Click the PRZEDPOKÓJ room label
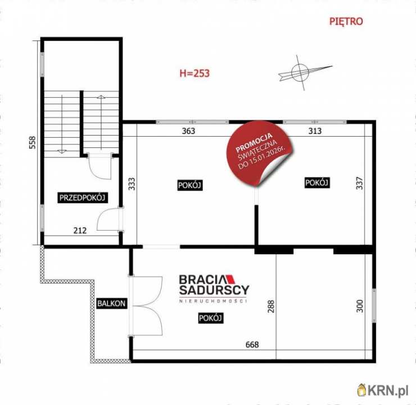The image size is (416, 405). tap(82, 198)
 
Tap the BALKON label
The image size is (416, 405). tap(111, 303)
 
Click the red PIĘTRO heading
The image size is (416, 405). tap(346, 21)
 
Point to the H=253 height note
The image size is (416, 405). tap(195, 73)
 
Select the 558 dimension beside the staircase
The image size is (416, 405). tap(32, 142)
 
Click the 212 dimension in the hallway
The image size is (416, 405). tap(80, 231)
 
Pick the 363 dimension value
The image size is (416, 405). tap(189, 131)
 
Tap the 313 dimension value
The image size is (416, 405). tap(315, 131)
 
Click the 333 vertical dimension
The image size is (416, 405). tap(132, 184)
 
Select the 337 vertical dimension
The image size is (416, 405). tap(359, 183)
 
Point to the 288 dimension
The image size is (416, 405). tap(271, 306)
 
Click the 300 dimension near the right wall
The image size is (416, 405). tap(359, 306)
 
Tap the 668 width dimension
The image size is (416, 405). tap(252, 344)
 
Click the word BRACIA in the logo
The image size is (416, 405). tap(202, 280)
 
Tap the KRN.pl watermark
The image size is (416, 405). tap(383, 391)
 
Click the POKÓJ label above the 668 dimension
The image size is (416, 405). tap(211, 318)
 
